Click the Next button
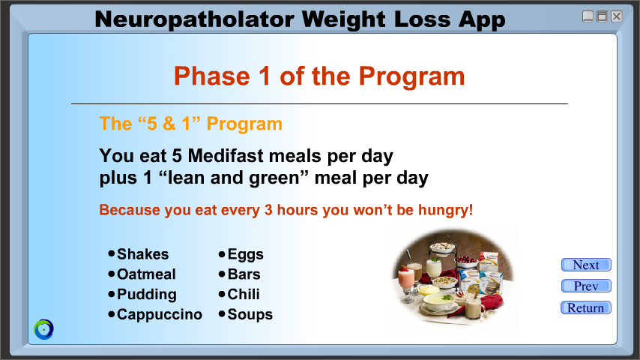click(586, 265)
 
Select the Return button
click(586, 307)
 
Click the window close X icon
click(616, 16)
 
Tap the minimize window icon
click(588, 16)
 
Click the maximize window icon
click(602, 16)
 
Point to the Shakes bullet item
click(139, 254)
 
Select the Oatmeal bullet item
click(142, 274)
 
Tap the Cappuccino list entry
click(155, 315)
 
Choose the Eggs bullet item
click(241, 254)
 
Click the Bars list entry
click(239, 274)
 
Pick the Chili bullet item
click(239, 294)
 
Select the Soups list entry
click(245, 315)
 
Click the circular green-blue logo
click(43, 329)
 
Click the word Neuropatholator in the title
click(194, 19)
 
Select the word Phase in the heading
click(212, 76)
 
